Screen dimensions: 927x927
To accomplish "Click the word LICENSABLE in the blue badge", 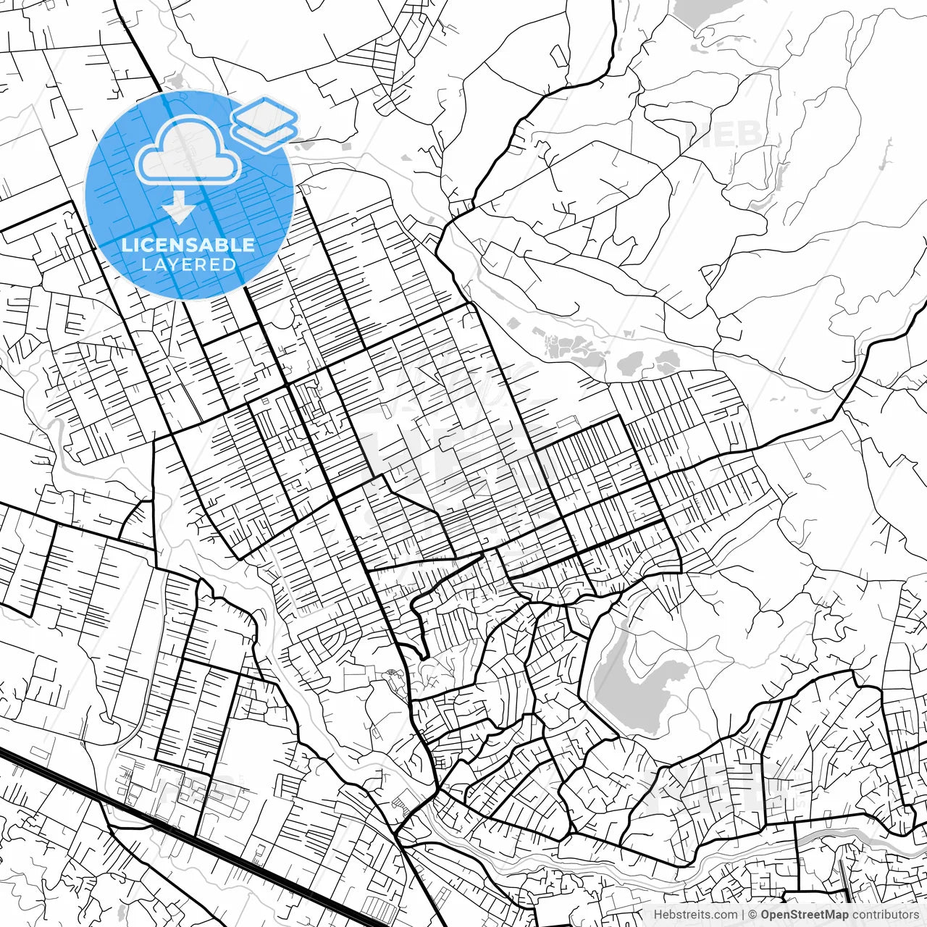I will [188, 245].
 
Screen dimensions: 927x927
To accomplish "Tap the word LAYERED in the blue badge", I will [188, 264].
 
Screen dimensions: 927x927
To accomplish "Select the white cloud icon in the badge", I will [188, 150].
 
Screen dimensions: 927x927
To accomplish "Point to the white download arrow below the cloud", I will [178, 211].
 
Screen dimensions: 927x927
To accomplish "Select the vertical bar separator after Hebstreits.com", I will [743, 915].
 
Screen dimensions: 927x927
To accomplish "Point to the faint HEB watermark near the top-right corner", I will [724, 134].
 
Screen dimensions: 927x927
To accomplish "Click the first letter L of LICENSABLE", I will [126, 245].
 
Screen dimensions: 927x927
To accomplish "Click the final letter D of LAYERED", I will [230, 264].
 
